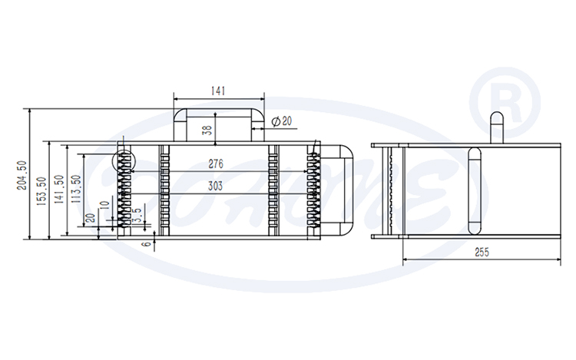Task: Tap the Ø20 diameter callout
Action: click(x=282, y=121)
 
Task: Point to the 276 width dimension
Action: click(x=216, y=164)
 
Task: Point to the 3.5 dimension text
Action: click(x=136, y=215)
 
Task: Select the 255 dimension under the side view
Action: click(x=482, y=252)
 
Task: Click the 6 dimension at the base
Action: click(x=146, y=243)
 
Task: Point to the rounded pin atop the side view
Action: click(x=495, y=127)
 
